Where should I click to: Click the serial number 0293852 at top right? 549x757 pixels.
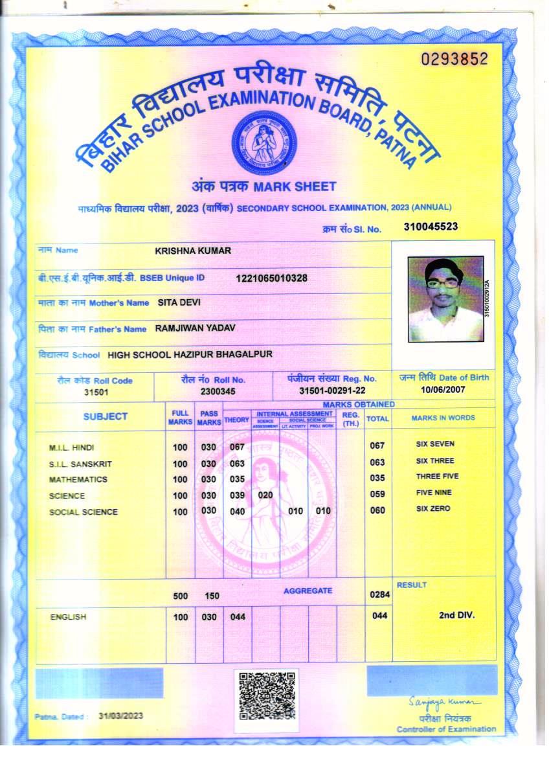(454, 60)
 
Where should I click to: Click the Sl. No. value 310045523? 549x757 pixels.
(431, 227)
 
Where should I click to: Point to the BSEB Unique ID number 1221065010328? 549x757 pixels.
(271, 278)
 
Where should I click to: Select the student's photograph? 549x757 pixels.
(445, 299)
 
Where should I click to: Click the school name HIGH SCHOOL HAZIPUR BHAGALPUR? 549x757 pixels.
(190, 354)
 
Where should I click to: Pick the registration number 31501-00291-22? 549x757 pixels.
(332, 391)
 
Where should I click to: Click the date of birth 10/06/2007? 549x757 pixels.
(443, 390)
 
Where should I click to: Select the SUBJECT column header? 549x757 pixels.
(106, 416)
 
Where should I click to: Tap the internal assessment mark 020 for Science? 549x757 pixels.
(265, 495)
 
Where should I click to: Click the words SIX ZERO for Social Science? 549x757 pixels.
(433, 509)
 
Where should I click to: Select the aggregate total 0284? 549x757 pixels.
(377, 594)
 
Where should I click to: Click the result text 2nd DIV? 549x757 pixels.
(456, 615)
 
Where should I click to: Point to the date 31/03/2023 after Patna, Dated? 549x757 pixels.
(120, 716)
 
